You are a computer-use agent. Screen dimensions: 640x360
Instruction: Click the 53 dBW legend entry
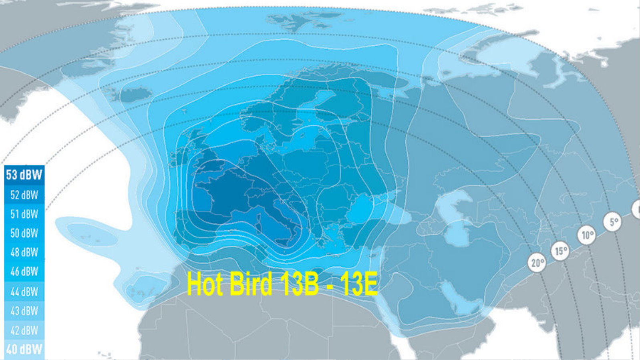24,175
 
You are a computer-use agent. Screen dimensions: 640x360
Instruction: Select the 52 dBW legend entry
24,195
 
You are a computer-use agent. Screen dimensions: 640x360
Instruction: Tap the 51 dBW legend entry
24,214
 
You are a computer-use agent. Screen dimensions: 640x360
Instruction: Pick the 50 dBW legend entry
24,233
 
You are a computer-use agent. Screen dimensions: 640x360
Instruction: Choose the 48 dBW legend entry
24,252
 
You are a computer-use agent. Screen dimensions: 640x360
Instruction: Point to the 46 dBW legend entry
24,272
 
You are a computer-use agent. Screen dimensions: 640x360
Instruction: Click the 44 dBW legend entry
24,291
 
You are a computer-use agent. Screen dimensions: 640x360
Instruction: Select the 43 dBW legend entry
24,311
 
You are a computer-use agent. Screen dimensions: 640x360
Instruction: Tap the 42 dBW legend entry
24,330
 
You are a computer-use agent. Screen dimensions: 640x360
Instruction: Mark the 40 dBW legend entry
24,349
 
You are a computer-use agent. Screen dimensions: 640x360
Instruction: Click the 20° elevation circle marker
537,263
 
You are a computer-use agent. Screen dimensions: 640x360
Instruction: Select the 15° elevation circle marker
561,251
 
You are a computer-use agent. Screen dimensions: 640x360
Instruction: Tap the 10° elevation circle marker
587,235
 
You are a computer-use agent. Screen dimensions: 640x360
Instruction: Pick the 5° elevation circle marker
613,221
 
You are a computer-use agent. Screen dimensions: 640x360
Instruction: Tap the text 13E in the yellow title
358,284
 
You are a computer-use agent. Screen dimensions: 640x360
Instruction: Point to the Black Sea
366,210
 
